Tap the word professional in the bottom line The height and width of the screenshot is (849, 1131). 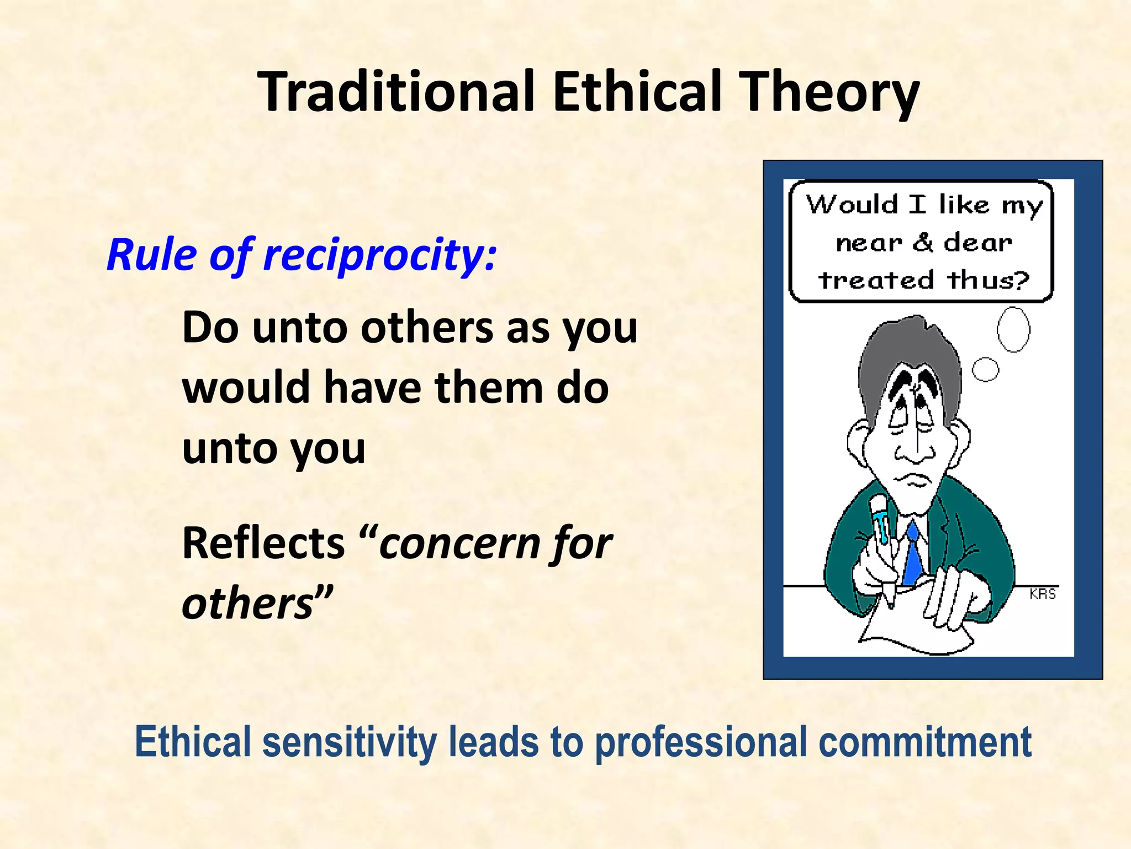(x=701, y=743)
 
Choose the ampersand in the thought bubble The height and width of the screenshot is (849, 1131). (x=923, y=242)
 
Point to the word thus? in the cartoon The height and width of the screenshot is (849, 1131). (x=988, y=280)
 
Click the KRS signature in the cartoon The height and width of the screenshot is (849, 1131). (x=1043, y=594)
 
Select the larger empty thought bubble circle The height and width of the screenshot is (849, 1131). (x=1013, y=329)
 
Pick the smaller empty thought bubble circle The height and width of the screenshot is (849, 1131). (x=985, y=369)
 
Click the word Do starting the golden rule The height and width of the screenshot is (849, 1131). (x=210, y=328)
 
